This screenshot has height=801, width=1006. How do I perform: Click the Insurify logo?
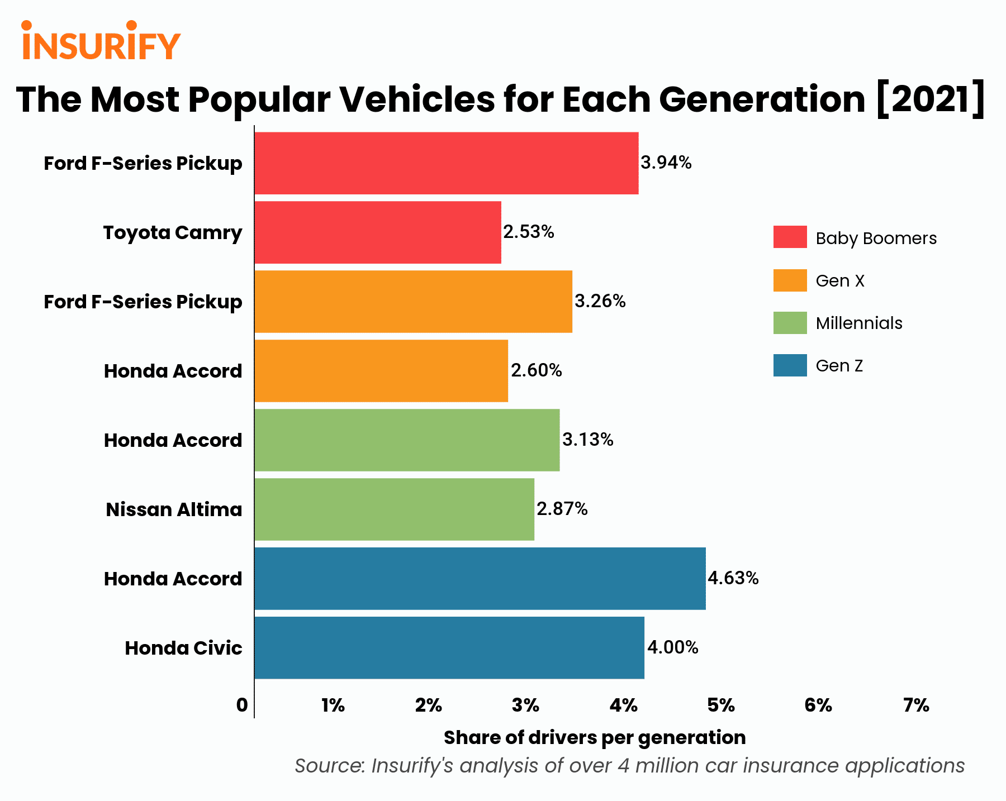point(101,41)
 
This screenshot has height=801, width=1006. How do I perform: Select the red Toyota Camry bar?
point(378,232)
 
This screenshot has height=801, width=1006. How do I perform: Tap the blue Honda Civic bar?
point(449,648)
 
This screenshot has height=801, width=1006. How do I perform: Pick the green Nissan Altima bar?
point(395,509)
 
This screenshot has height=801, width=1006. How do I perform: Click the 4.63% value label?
point(733,578)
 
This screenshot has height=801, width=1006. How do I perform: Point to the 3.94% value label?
point(666,163)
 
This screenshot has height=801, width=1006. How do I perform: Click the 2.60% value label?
point(537,370)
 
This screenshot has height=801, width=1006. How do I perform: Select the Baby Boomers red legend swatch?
point(790,237)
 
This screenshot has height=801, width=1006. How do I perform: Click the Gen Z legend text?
point(839,366)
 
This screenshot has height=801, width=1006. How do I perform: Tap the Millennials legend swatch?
point(790,323)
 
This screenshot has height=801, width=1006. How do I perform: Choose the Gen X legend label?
point(840,281)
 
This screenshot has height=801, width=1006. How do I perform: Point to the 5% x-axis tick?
point(721,705)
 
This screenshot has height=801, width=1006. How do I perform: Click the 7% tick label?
point(916,705)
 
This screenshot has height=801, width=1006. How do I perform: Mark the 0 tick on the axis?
point(242,705)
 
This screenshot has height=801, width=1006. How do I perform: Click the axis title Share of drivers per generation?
point(595,738)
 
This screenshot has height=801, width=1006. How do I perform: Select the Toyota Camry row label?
point(173,232)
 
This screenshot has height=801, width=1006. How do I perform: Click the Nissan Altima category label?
point(174,509)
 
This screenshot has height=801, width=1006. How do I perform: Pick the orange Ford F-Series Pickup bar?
point(414,302)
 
